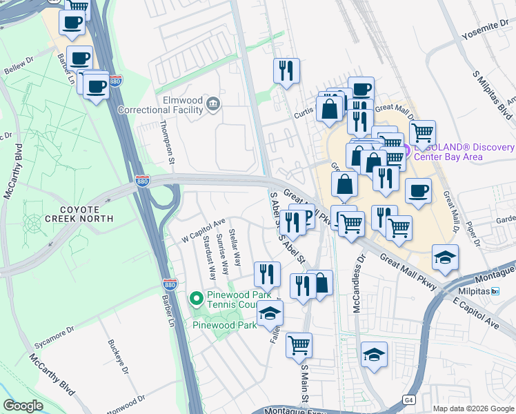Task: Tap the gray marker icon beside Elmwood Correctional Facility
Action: click(212, 104)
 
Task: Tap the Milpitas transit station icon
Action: click(495, 291)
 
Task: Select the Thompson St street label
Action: click(164, 142)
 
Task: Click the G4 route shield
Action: click(409, 400)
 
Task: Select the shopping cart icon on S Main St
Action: click(299, 344)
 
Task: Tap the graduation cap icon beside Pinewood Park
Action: click(270, 314)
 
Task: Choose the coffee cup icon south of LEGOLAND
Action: click(417, 190)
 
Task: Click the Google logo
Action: click(23, 406)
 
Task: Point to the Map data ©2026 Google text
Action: click(472, 408)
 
